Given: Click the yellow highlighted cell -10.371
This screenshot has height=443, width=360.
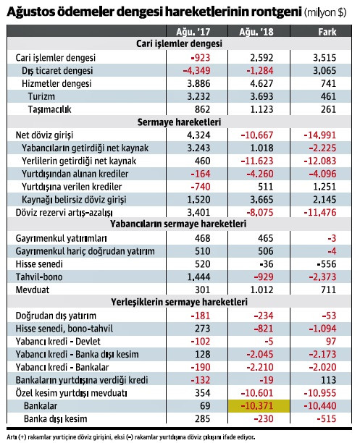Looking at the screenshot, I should (258, 406).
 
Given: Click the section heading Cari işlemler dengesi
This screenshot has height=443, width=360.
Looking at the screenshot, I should (179, 43).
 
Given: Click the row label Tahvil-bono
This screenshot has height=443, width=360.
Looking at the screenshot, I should (38, 277).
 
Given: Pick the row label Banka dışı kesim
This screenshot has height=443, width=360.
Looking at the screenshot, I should (55, 419).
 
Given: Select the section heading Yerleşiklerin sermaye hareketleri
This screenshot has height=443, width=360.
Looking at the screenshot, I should (179, 302).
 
